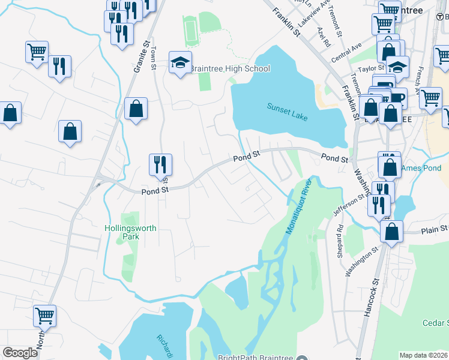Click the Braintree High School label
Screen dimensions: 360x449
pos(230,69)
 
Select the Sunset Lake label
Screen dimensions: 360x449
pos(288,111)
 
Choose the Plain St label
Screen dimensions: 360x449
pos(433,229)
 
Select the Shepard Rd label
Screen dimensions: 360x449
pos(340,238)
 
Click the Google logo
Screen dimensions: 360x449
pos(20,352)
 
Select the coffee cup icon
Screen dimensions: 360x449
pos(397,97)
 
